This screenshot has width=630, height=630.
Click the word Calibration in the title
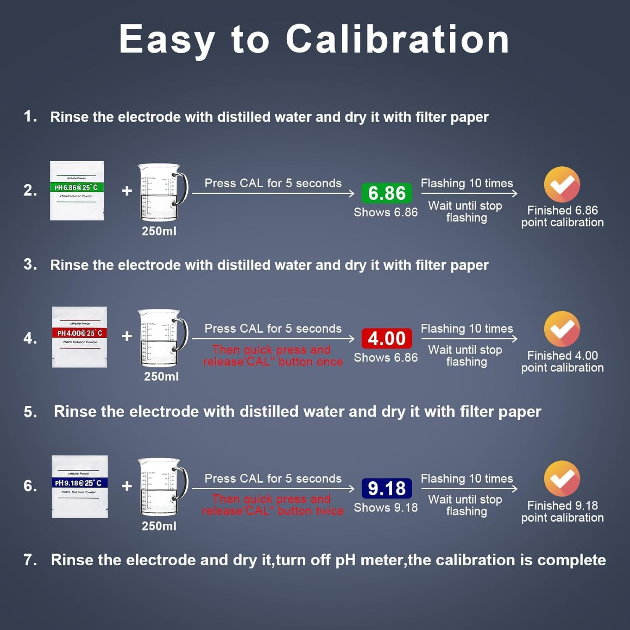point(397,39)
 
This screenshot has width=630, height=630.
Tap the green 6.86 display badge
point(386,193)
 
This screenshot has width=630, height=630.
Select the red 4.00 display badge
point(386,339)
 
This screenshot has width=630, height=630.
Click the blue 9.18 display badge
point(386,488)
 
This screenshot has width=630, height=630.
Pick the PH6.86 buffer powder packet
point(77,191)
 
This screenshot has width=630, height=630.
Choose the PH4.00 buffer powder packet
point(79,337)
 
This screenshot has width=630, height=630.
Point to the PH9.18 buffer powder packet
point(80,486)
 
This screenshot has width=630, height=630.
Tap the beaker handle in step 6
point(182,483)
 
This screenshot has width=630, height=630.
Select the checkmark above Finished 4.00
point(562,329)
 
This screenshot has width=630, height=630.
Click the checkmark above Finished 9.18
point(562,479)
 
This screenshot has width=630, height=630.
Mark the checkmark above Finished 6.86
point(562,184)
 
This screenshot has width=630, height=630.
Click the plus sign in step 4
point(127,336)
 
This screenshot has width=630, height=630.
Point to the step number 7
point(30,560)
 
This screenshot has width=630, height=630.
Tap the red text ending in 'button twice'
point(273,505)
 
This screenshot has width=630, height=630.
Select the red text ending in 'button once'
point(273,356)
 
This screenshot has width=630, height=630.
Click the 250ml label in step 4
point(161,376)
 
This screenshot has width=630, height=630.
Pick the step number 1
point(30,116)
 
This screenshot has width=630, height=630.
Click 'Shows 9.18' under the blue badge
point(386,507)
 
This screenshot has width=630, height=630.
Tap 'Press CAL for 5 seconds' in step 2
point(273,183)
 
